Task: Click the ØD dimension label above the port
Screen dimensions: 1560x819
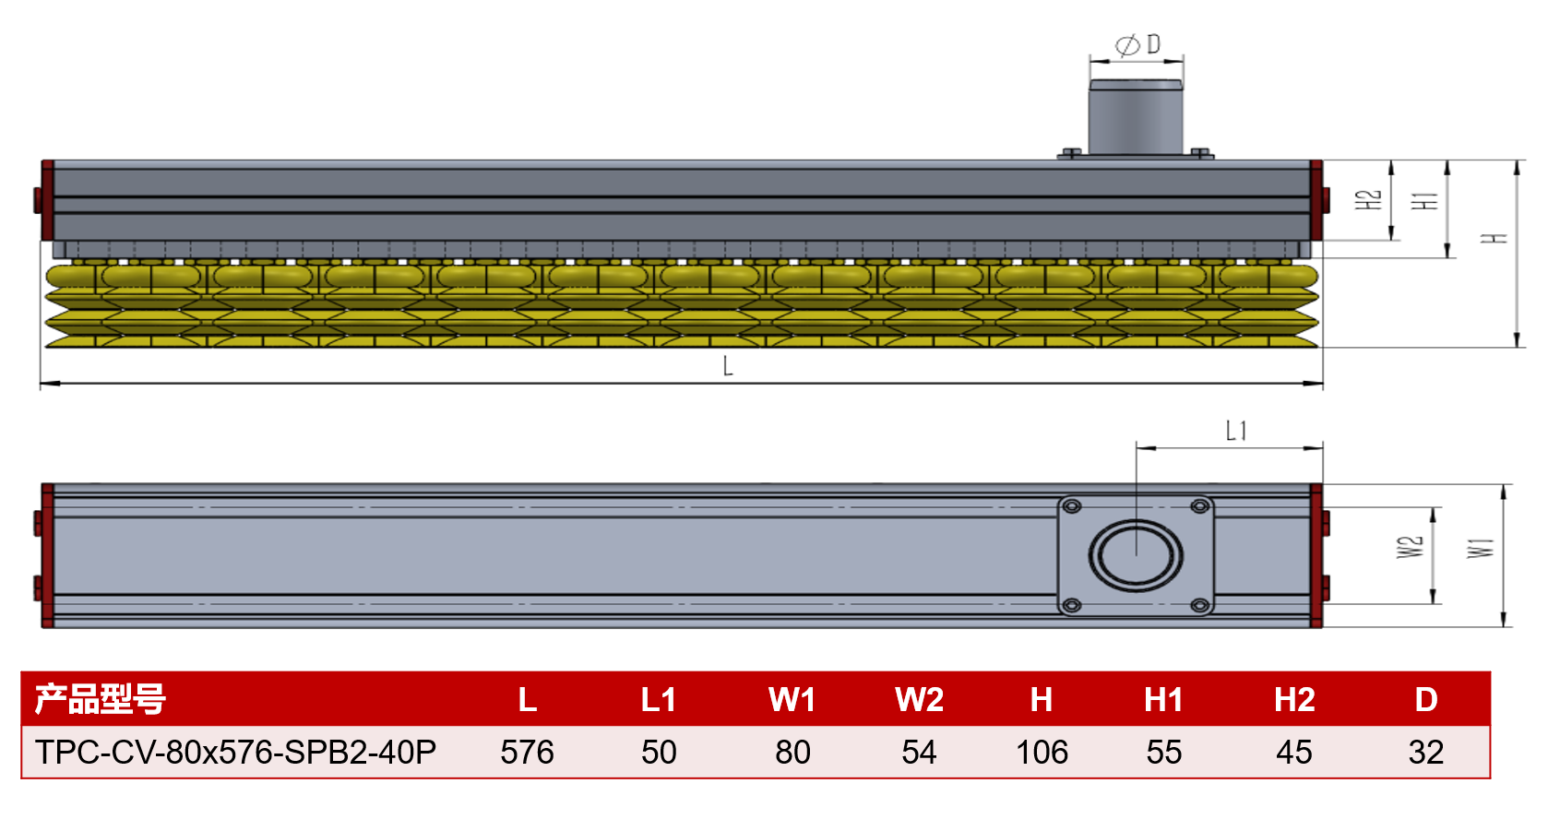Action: click(x=1138, y=45)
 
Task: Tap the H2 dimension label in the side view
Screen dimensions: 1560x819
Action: click(x=1368, y=200)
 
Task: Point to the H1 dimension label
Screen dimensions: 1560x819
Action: click(x=1424, y=200)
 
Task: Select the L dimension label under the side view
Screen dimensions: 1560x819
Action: click(x=728, y=365)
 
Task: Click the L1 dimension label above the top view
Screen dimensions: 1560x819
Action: click(x=1236, y=431)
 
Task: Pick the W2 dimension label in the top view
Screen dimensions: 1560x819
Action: click(x=1410, y=547)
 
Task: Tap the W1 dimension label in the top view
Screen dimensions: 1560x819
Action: click(x=1481, y=548)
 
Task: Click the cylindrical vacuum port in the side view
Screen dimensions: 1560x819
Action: click(x=1136, y=117)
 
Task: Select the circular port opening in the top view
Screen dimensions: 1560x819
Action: click(x=1136, y=556)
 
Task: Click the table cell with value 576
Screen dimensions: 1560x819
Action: click(x=527, y=753)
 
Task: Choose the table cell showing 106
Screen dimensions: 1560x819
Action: click(x=1042, y=753)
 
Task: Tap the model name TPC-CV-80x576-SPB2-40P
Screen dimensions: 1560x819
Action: click(x=235, y=753)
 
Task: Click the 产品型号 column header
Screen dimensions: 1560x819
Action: click(x=101, y=699)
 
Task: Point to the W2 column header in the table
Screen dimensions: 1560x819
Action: click(x=919, y=699)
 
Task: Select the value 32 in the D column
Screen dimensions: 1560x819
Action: click(x=1425, y=753)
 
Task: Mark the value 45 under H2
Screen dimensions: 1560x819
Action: click(x=1294, y=753)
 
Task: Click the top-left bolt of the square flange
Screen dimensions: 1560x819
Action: click(x=1072, y=506)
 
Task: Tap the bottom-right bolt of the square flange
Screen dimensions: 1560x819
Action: click(x=1200, y=605)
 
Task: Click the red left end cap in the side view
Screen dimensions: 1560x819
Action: click(x=47, y=200)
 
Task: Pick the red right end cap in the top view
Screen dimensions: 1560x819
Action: click(x=1316, y=556)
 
